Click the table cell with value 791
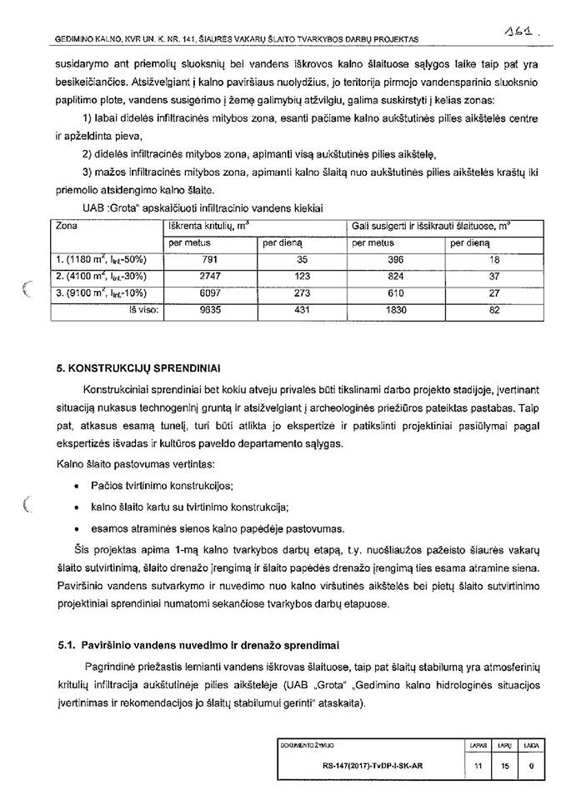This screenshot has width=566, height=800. click(209, 259)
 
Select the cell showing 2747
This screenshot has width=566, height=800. click(209, 275)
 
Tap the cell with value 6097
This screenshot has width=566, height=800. click(209, 292)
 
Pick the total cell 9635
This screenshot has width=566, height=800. click(209, 308)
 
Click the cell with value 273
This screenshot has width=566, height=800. click(302, 292)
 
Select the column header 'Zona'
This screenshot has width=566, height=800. click(67, 226)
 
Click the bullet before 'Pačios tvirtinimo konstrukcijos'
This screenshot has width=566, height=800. click(77, 485)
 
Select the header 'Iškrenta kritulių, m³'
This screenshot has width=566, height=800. click(208, 226)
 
